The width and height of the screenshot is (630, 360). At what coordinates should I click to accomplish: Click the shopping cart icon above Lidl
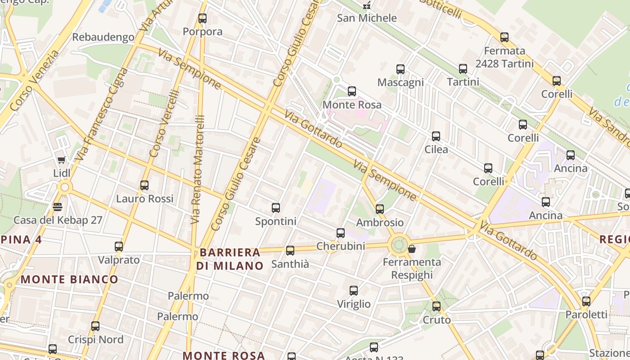click(x=62, y=160)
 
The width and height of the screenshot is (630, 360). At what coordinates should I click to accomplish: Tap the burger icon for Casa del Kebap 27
click(x=57, y=207)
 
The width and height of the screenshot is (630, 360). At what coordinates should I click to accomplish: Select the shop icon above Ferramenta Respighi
click(x=411, y=249)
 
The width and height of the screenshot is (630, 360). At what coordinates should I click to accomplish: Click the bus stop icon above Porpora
click(x=202, y=18)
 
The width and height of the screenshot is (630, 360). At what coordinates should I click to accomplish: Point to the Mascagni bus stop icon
click(x=400, y=69)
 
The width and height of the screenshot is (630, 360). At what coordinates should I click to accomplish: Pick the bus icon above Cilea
click(x=436, y=136)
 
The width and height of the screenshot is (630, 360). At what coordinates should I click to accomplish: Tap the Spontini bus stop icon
click(x=276, y=208)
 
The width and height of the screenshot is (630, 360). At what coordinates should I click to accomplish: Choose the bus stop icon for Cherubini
click(x=341, y=233)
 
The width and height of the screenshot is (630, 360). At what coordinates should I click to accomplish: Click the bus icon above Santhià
click(x=290, y=251)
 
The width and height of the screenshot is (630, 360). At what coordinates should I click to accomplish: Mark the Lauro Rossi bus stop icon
click(x=144, y=185)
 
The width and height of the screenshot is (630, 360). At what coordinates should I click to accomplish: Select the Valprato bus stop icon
click(x=119, y=247)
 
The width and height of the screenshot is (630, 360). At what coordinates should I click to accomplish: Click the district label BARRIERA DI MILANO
click(x=230, y=259)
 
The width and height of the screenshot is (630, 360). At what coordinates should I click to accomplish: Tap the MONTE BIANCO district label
click(x=69, y=279)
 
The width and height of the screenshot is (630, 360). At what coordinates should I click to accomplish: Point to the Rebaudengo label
click(x=103, y=37)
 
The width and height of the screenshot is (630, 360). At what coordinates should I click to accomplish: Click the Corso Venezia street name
click(x=34, y=81)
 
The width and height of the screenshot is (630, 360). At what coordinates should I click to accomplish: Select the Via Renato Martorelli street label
click(x=198, y=170)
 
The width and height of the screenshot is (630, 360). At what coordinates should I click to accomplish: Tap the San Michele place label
click(x=367, y=18)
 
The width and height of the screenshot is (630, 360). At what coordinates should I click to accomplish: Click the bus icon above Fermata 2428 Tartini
click(x=504, y=37)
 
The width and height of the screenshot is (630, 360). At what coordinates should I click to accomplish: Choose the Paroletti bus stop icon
click(x=586, y=301)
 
